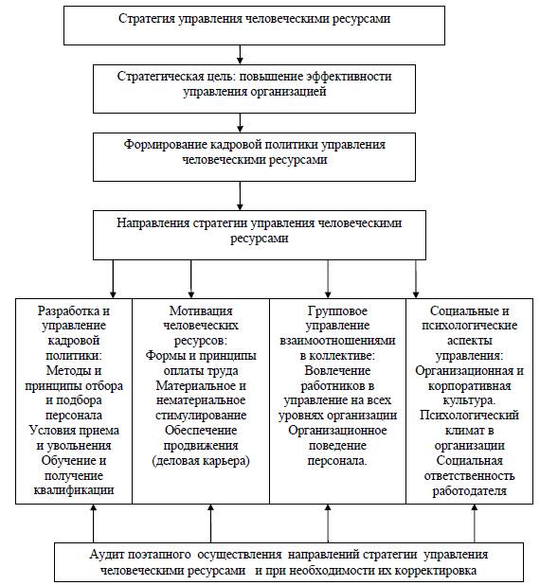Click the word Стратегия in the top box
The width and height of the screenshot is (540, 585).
click(x=147, y=19)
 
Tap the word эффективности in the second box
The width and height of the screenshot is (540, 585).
click(x=350, y=77)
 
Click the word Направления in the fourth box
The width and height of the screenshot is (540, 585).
click(x=153, y=223)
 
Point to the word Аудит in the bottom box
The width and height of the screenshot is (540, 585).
click(x=105, y=555)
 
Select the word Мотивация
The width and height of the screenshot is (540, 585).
click(x=201, y=310)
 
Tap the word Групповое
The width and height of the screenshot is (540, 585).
click(x=337, y=310)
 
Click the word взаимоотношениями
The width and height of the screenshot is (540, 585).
click(x=337, y=341)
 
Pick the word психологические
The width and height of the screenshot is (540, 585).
click(x=469, y=326)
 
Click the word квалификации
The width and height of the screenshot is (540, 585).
click(x=74, y=490)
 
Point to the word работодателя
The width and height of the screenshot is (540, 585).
click(x=469, y=491)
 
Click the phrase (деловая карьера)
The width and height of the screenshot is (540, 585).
click(x=201, y=461)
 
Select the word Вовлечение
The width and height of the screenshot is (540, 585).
click(x=337, y=371)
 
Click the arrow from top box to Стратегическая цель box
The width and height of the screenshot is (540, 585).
click(x=240, y=55)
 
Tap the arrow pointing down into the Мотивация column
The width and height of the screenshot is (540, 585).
click(x=190, y=279)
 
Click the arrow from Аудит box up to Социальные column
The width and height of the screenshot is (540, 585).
click(x=475, y=523)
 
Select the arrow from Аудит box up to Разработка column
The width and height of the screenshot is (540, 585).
click(x=94, y=523)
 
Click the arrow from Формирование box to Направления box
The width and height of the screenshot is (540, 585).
click(x=240, y=196)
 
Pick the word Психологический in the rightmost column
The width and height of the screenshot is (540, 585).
click(x=469, y=416)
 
